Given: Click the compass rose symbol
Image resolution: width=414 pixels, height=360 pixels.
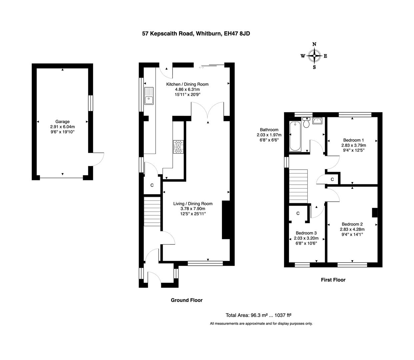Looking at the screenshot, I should coord(314,56).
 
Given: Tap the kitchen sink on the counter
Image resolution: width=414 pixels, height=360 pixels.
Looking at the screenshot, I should coord(149,96).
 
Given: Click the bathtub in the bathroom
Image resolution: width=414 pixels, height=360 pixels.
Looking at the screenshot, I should coord(295,137).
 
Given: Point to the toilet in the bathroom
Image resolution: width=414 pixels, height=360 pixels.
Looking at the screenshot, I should coord(306,122).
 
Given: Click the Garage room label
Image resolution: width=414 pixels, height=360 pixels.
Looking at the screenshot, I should coord(62,122).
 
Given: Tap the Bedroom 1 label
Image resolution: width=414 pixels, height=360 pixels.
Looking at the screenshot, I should coord(353,140).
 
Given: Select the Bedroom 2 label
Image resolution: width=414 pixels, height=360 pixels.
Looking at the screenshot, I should coord(352,224).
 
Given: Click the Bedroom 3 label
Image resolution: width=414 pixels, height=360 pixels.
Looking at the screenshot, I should coord(306,233).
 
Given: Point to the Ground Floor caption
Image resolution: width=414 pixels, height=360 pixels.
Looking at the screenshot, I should coord(187,300).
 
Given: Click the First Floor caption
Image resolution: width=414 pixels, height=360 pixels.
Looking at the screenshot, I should coord(333,280).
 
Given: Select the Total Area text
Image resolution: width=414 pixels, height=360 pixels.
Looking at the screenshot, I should coord(259,315).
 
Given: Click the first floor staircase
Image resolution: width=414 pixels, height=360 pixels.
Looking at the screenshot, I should coord(298,186).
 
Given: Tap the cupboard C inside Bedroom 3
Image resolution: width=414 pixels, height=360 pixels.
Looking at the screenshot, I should coord(298,213).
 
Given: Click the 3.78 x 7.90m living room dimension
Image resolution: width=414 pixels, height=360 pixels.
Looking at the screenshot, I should coord(193,209).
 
